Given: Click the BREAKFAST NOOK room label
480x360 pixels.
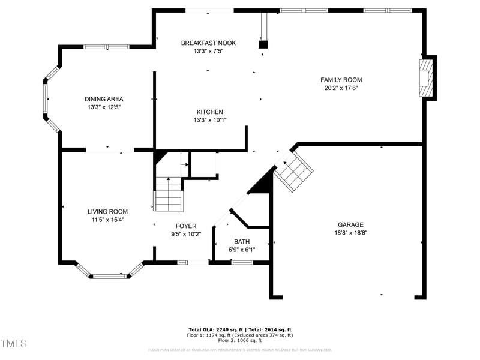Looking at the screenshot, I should coord(208,43).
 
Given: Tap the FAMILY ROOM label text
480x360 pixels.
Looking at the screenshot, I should coord(341,80).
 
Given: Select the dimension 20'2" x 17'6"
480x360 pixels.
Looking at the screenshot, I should coord(341,88).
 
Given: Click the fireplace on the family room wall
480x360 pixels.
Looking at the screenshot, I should coord(427,77).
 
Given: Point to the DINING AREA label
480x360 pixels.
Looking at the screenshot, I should coord(104,99).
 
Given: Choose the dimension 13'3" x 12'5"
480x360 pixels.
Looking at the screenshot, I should coord(104,107).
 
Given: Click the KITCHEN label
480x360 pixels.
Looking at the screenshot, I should coord(209,112).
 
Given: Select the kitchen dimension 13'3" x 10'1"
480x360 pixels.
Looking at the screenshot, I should coord(209,120).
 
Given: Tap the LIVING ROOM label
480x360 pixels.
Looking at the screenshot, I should coord(107,211).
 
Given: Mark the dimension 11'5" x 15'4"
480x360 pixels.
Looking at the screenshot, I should coord(107,220).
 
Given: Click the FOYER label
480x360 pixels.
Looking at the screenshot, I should coord(185,226).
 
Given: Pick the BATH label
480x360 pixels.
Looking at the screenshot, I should coord(242,241).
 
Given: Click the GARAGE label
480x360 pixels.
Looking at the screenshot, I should coord(350,225).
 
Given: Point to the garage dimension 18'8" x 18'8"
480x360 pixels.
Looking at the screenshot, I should coord(350,233).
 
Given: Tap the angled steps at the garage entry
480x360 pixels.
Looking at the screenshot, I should coord(294,170).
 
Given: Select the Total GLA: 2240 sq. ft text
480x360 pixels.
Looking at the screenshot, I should coord(214,329).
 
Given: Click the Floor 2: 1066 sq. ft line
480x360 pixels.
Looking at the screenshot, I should coord(239,340).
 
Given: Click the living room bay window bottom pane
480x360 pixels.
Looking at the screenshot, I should coord(110,276).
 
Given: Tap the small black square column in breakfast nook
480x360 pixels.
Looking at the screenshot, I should coord(263,44).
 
